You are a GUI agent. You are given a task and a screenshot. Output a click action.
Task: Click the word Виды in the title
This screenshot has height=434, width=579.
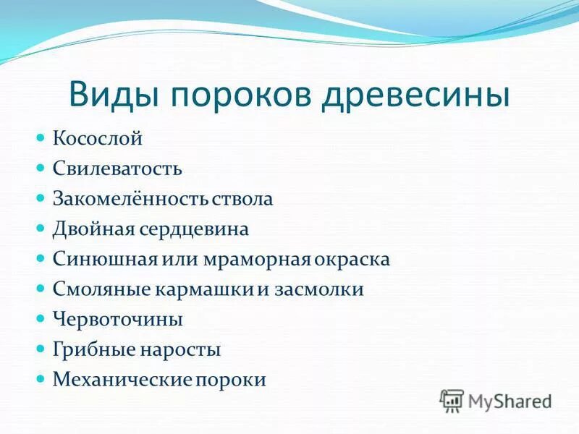(113, 96)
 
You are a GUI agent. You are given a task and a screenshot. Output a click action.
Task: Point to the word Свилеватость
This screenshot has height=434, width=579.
(117, 169)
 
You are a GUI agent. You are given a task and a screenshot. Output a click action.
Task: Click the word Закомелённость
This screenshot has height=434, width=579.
(131, 199)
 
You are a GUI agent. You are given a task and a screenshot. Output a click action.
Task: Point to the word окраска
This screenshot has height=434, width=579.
(354, 259)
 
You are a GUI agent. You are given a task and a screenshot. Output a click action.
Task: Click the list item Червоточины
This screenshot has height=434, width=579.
(118, 319)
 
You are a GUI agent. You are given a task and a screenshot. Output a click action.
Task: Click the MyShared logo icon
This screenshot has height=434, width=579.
(452, 400)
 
